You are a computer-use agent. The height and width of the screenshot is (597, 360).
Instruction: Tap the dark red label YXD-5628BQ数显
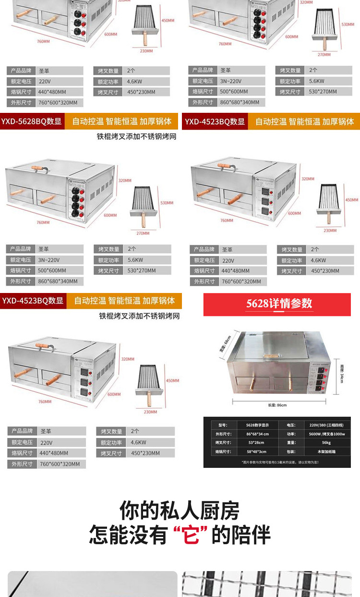tap(33, 122)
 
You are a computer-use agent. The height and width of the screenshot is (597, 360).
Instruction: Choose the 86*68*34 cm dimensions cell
tap(257, 434)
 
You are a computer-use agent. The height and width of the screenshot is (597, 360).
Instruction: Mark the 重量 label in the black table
tap(292, 443)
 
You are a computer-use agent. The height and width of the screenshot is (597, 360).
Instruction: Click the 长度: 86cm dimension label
tap(277, 405)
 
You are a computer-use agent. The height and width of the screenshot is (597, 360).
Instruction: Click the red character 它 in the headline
tap(191, 535)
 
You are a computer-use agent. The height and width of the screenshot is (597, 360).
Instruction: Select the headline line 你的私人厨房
tap(180, 510)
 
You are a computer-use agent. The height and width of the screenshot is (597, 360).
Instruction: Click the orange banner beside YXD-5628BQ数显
tap(121, 122)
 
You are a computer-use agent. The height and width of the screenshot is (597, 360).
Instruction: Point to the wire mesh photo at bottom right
tap(271, 584)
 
